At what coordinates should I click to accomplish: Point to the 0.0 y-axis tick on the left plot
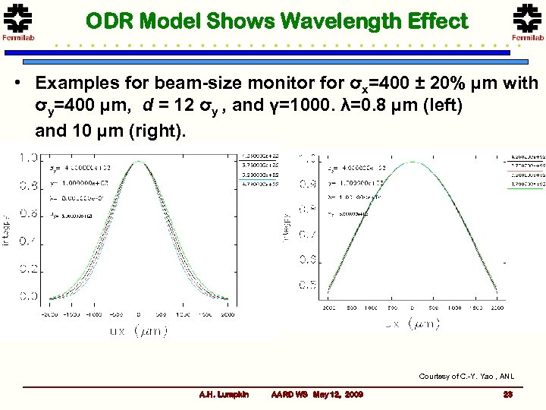click(29, 296)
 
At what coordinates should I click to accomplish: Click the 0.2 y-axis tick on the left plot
click(29, 269)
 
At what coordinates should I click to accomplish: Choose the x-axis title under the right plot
click(413, 324)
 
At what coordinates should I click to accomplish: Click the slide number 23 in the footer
click(507, 395)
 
